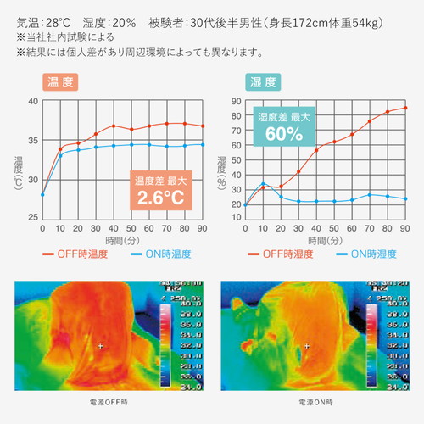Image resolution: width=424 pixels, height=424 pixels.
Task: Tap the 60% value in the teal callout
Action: [284, 134]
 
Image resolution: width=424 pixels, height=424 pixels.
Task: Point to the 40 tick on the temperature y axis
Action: [33, 101]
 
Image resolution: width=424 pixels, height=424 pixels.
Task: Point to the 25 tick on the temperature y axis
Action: [33, 218]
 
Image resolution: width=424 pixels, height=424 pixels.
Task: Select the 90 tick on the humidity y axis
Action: [236, 102]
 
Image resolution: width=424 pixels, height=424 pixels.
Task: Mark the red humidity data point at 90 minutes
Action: [405, 108]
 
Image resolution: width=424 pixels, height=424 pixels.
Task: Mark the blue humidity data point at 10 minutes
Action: [263, 183]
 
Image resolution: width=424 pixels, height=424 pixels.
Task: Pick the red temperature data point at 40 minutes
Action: [113, 126]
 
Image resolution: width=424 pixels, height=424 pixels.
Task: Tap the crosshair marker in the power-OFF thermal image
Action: [101, 346]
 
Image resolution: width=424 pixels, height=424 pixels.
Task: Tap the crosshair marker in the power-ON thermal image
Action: [307, 346]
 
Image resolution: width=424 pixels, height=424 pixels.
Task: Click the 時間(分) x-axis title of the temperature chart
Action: [122, 241]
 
